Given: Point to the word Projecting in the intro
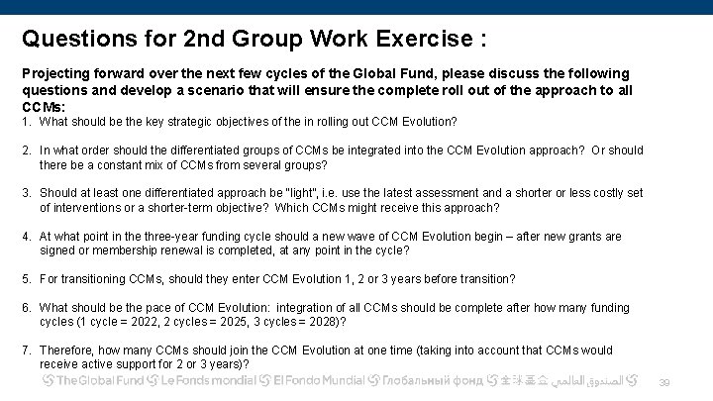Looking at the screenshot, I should [55, 74].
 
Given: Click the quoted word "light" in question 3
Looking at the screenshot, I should [301, 193].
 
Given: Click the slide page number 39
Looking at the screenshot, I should [664, 383].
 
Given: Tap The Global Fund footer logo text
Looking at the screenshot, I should [99, 381].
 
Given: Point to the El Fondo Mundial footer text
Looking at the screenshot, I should [316, 381].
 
